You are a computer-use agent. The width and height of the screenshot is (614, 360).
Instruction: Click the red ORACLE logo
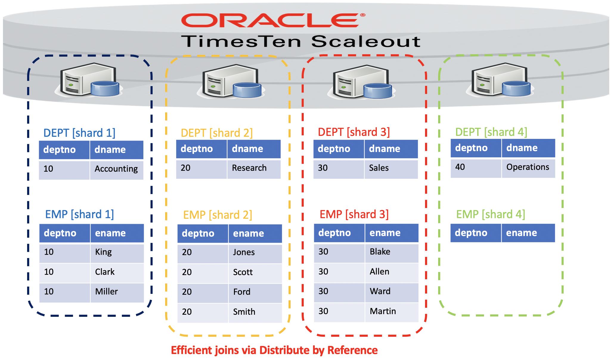pos(273,20)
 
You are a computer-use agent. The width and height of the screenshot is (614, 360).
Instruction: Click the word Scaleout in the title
pos(366,41)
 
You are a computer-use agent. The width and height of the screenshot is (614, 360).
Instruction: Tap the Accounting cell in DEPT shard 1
pos(116,169)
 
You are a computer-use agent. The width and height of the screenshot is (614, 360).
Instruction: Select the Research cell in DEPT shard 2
pos(249,168)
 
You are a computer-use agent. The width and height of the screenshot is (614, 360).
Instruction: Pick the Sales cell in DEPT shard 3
pos(379,168)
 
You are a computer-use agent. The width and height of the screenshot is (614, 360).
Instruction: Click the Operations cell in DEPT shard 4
pos(528,167)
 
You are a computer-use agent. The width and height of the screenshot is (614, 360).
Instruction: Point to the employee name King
pos(103,252)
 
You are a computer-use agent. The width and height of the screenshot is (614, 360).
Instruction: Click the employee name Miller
pos(106,291)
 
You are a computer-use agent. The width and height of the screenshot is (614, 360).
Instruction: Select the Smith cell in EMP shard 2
pos(244,312)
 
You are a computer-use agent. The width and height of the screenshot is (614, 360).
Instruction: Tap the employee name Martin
pos(383,311)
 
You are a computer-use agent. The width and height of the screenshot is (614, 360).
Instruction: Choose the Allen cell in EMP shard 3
pos(379,271)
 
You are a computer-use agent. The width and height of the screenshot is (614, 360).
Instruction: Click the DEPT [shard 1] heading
pos(79,133)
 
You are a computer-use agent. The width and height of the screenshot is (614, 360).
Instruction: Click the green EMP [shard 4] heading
pos(491,214)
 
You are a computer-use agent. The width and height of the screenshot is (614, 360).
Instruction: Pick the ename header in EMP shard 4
pos(522,233)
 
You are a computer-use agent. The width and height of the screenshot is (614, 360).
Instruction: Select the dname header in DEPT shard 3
pos(384,149)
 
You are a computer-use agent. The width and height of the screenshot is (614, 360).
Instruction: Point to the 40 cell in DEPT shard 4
pos(460,167)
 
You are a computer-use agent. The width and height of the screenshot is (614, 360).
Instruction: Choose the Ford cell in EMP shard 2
pos(242,292)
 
